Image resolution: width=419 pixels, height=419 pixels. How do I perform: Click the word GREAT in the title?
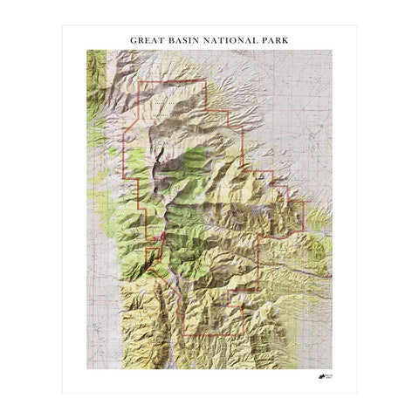coord(145,40)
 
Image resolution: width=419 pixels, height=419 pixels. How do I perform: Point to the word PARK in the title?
coord(271,40)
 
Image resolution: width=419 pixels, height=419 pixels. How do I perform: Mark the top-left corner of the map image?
coord(86,50)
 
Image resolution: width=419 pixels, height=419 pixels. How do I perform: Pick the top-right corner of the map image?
coord(333,50)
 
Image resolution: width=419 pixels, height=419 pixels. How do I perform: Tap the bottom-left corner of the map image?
coord(86,369)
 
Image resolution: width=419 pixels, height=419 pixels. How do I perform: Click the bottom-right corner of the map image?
coord(333,369)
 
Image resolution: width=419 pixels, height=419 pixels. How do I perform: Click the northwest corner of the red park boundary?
coord(141,81)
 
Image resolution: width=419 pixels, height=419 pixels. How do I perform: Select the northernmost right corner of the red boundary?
coord(205,81)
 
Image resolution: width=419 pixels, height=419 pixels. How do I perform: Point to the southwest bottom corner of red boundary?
coord(182,336)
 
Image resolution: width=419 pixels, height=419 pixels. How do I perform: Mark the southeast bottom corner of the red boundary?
coord(242,336)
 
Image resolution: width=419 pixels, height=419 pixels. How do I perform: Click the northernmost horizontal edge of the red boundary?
coord(173,81)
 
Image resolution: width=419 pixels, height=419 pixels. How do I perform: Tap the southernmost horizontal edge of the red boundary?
coord(211,336)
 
